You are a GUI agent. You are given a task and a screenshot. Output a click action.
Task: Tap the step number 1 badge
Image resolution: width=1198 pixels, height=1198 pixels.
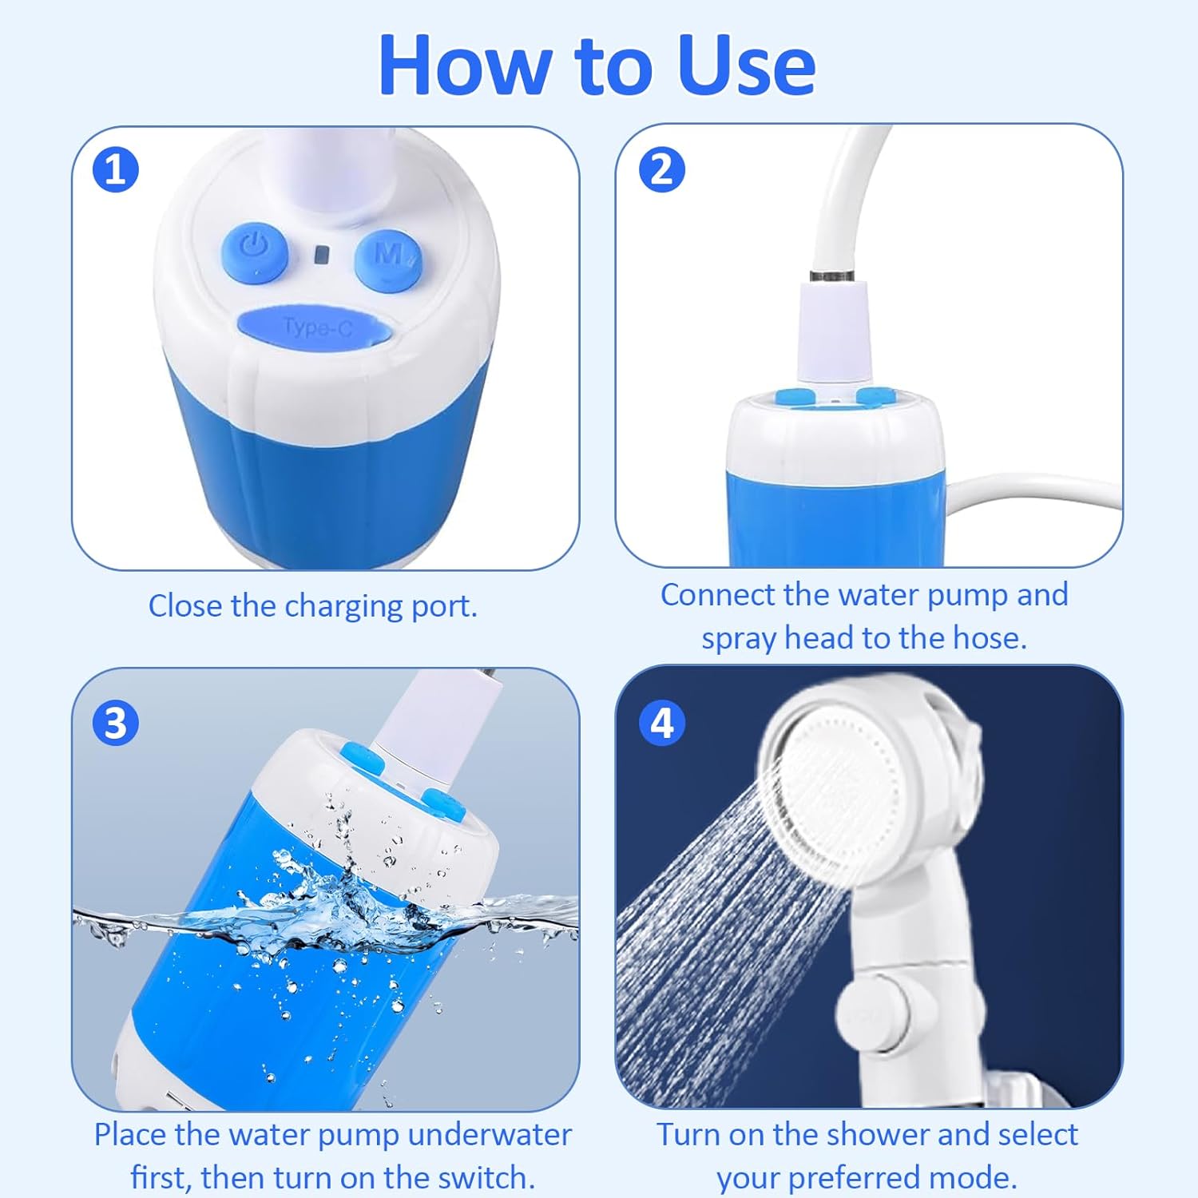(116, 170)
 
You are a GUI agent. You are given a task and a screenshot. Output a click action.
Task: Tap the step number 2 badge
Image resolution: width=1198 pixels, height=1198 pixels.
(662, 169)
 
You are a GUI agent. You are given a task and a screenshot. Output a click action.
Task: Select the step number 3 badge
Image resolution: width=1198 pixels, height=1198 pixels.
(116, 724)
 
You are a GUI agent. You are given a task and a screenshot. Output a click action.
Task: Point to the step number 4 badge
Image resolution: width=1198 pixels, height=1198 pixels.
(662, 724)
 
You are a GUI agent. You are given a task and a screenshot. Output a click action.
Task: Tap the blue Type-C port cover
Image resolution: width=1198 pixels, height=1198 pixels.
(317, 327)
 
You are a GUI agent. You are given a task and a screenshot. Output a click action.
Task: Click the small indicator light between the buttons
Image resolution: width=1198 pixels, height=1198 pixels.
(321, 255)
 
